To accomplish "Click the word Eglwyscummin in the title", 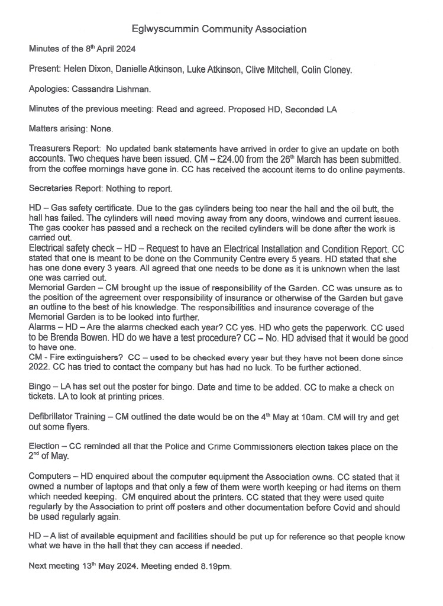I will [x=162, y=28].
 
